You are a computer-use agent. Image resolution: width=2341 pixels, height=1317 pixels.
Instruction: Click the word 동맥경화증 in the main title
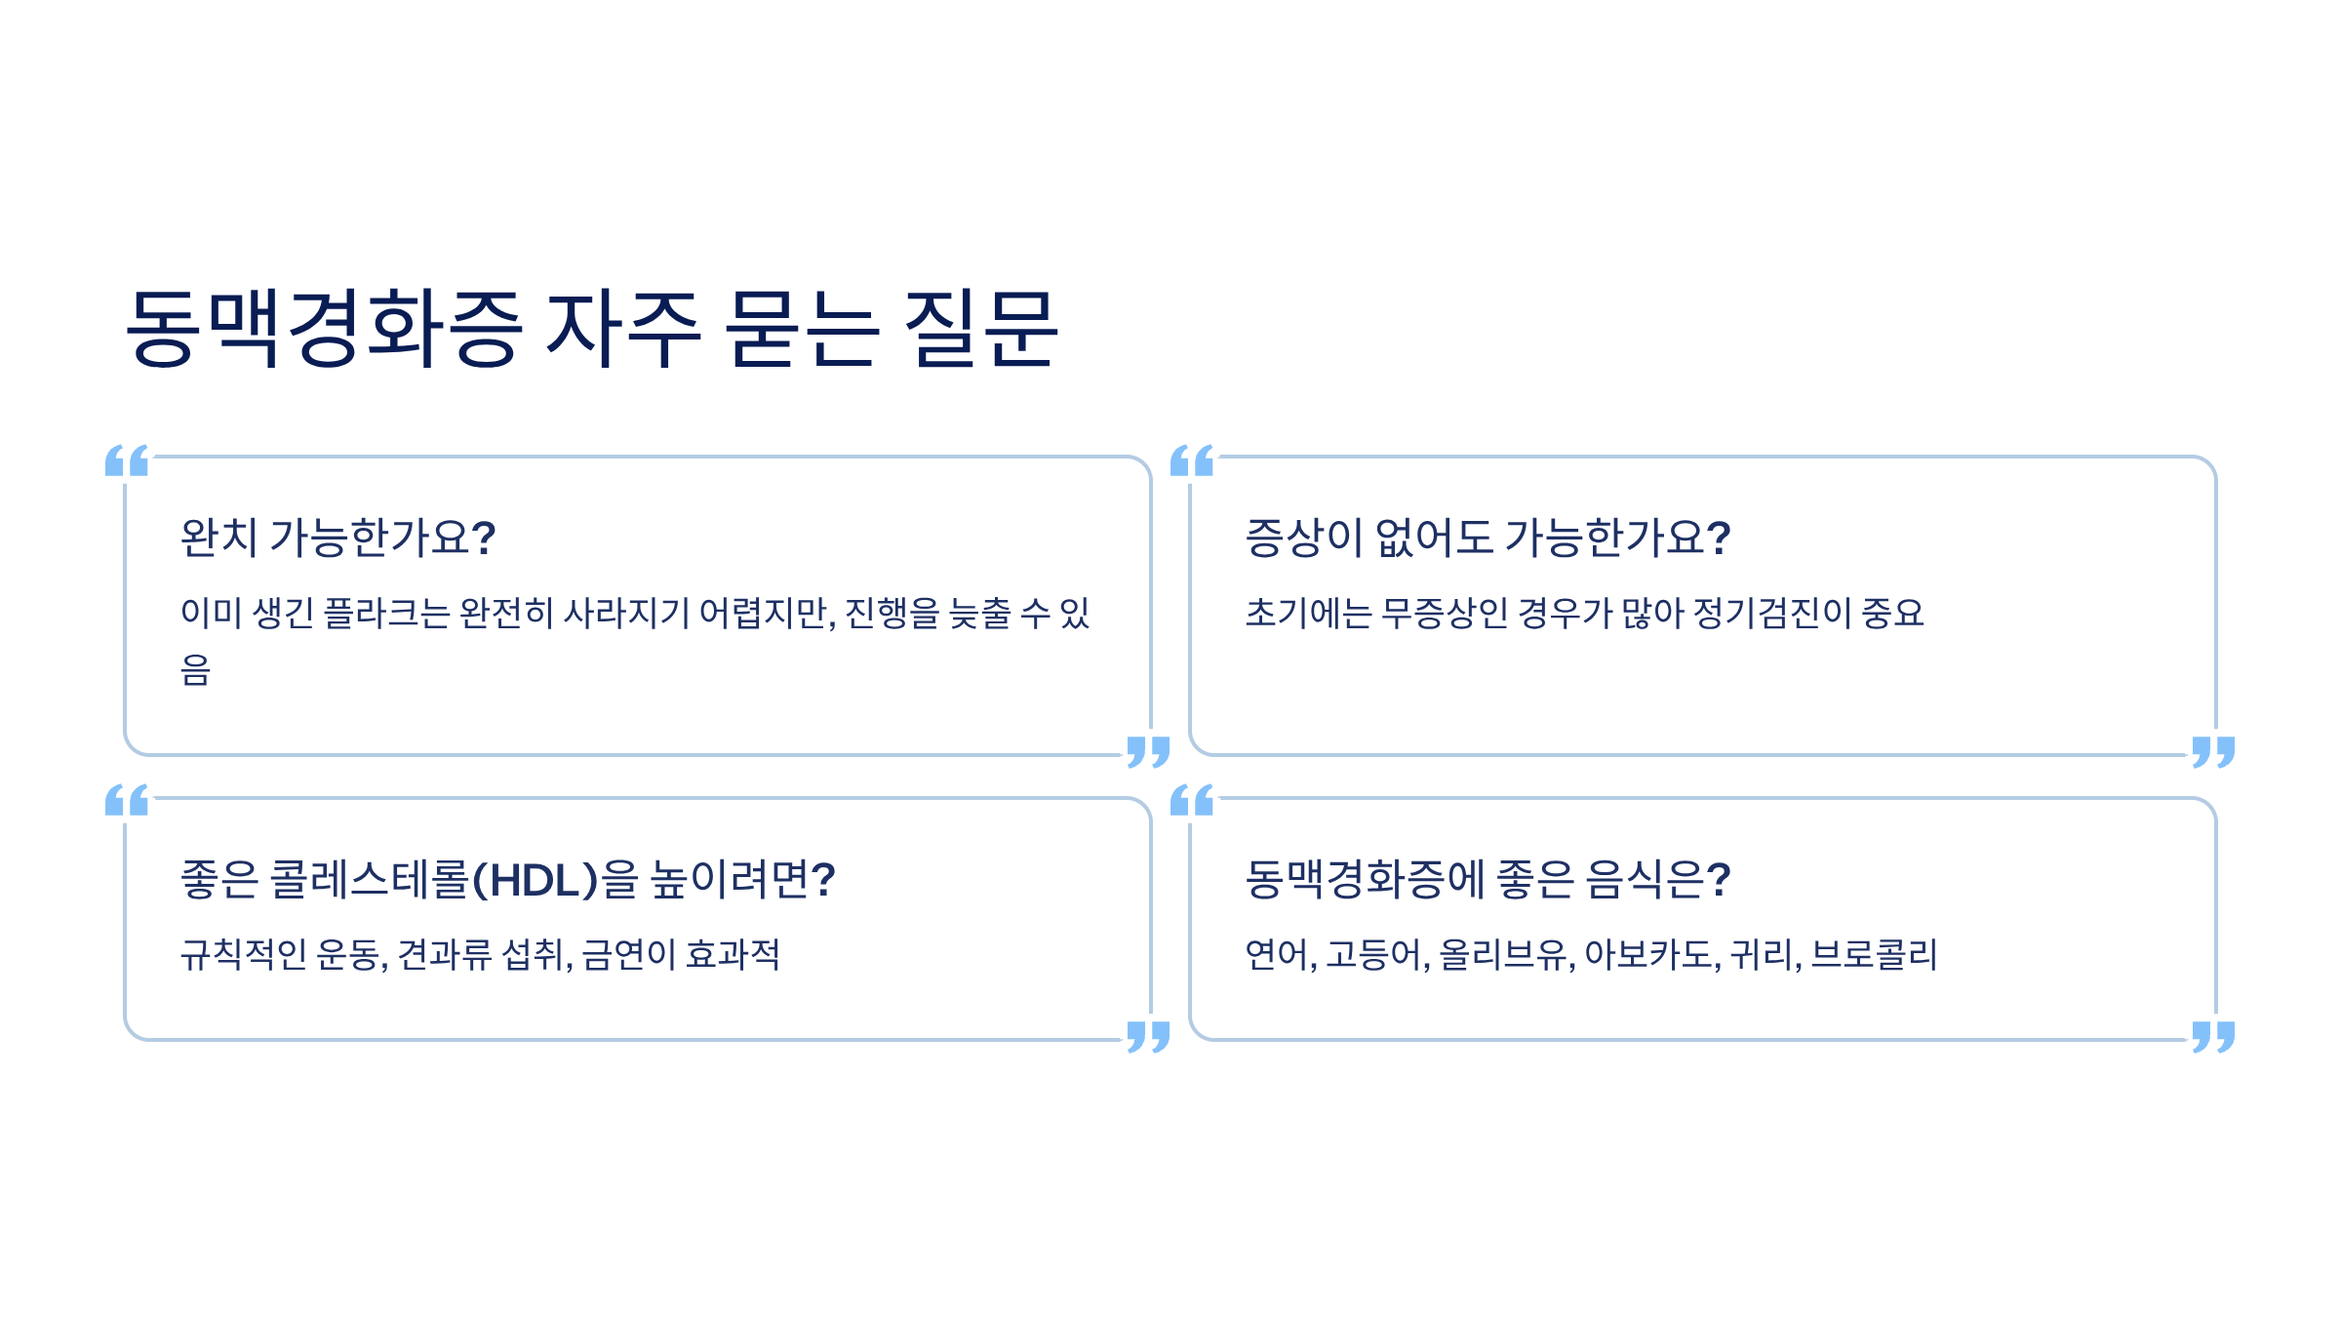(x=324, y=328)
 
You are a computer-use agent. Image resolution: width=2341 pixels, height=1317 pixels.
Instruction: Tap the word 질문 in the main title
(x=981, y=328)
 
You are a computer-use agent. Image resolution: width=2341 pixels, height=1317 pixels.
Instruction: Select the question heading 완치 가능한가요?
(x=338, y=538)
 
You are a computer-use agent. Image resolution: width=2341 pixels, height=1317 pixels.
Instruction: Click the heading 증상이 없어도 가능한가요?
(x=1488, y=538)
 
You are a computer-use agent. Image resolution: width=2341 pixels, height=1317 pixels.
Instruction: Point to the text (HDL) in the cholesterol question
(x=535, y=880)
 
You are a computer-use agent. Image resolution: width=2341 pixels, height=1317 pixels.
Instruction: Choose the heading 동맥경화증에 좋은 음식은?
(x=1488, y=880)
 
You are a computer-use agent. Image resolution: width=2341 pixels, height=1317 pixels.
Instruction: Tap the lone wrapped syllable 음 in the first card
(x=195, y=670)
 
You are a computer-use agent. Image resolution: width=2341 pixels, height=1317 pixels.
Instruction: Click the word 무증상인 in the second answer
(x=1445, y=614)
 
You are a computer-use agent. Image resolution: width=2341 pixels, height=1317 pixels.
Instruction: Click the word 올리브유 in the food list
(x=1502, y=955)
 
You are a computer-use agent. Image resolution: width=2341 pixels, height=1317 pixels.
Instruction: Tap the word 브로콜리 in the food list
(x=1874, y=955)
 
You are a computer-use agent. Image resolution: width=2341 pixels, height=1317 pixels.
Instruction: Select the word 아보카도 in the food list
(x=1648, y=955)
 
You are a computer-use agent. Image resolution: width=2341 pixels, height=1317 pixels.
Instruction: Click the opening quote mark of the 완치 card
(x=127, y=460)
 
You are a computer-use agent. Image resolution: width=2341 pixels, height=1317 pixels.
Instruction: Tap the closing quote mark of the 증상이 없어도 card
(x=2213, y=751)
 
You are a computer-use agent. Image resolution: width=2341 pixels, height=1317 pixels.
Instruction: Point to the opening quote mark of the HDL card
(x=127, y=800)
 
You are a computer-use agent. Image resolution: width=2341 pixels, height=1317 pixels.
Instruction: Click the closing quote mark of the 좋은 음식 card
(x=2213, y=1036)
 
